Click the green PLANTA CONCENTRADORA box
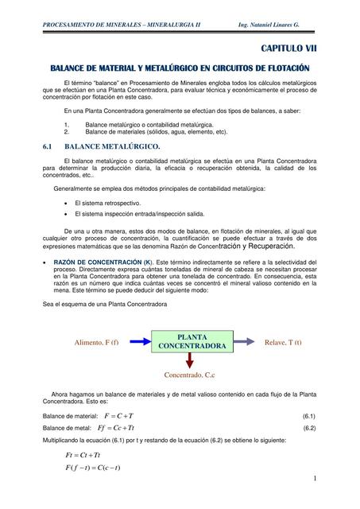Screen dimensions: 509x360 click(x=192, y=342)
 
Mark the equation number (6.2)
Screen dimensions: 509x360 click(x=308, y=427)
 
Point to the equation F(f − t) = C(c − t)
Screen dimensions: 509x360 click(x=92, y=467)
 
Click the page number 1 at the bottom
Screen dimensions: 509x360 click(x=315, y=478)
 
